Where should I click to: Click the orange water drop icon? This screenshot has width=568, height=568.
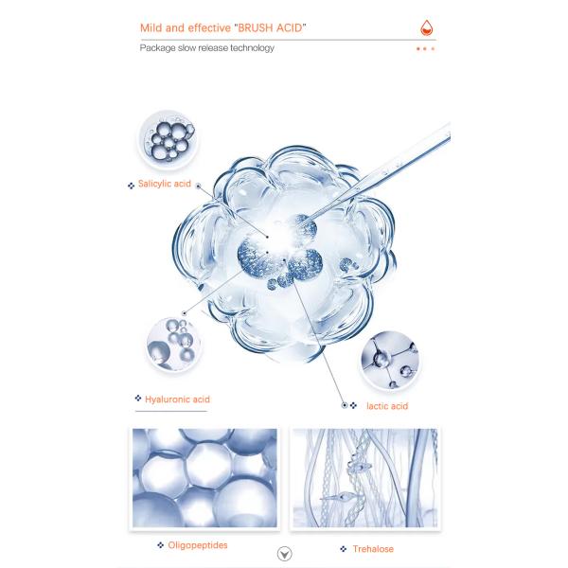[x=427, y=27]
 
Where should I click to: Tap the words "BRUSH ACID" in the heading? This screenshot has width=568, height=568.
[x=270, y=27]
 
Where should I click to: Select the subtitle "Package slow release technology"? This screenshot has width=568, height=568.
[x=206, y=48]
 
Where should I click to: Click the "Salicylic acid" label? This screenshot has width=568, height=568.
[x=165, y=184]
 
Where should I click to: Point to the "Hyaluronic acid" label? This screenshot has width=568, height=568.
[x=177, y=399]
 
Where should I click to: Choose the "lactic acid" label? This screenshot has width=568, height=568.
[x=387, y=406]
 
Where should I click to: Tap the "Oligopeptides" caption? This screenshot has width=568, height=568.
[x=198, y=545]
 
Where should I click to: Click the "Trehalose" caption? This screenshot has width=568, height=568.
[x=373, y=549]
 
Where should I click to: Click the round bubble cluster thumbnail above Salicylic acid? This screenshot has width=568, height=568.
[x=168, y=140]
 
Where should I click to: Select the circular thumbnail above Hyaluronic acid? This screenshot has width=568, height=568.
[x=174, y=345]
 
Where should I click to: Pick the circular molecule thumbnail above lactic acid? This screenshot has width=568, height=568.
[x=390, y=361]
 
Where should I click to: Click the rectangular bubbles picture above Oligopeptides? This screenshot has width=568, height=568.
[x=204, y=478]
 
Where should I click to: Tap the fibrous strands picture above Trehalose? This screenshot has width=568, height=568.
[x=365, y=478]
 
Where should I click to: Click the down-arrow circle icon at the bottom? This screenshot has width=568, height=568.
[x=284, y=554]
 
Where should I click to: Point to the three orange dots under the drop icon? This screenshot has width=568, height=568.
[x=425, y=48]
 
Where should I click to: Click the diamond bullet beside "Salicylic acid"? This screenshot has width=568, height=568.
[x=132, y=186]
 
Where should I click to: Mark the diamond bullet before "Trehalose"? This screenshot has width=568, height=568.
[x=344, y=549]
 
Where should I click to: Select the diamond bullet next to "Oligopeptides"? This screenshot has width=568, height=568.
[x=160, y=545]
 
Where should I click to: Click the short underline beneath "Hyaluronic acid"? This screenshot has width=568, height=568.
[x=171, y=411]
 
